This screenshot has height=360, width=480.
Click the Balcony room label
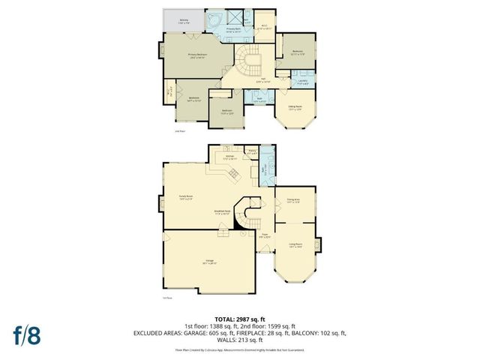pos(184,22)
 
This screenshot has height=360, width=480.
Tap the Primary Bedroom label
pos(197,55)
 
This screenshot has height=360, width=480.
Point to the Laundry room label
pos(302,83)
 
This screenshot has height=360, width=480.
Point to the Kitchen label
pos(229,158)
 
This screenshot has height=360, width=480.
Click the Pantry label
pos(252,152)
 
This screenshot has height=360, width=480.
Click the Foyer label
pos(265,236)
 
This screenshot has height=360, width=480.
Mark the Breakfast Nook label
pos(222,212)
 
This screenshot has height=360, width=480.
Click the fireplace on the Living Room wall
pos(319,244)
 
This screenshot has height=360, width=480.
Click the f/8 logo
pos(26,334)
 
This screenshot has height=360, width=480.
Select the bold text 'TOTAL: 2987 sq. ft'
pos(239,319)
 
